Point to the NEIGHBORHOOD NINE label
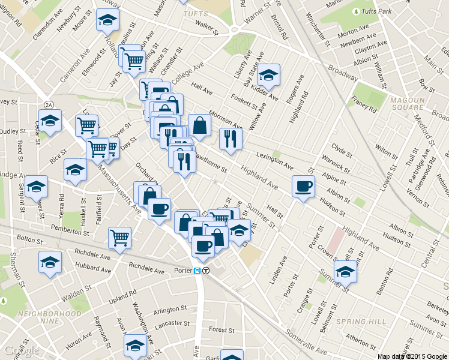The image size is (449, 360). [49, 314]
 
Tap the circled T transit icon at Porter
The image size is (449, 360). [206, 271]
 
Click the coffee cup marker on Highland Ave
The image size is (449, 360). [303, 185]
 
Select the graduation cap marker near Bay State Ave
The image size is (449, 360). [268, 74]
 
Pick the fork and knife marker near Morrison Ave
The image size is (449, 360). [231, 139]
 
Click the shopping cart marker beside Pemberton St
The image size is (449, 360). [120, 237]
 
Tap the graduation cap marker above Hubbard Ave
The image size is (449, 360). [50, 262]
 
